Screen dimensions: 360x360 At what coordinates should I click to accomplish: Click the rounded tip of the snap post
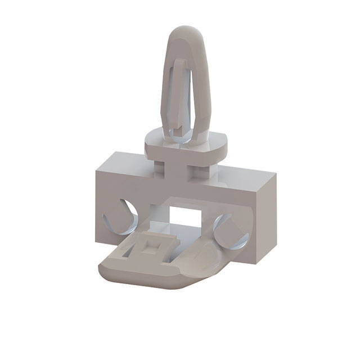[185, 33]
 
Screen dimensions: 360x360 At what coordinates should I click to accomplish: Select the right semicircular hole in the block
[231, 231]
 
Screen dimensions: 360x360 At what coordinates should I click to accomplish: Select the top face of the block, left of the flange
[124, 163]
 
